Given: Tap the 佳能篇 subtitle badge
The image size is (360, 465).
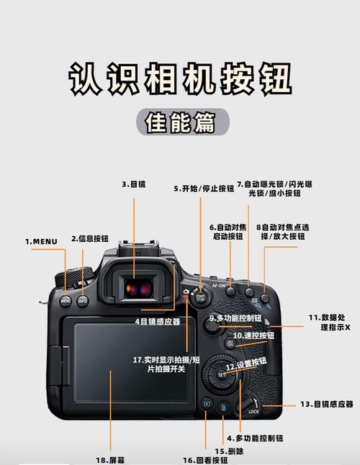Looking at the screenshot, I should coord(179,122).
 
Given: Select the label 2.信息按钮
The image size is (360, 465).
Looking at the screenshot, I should coord(89,238).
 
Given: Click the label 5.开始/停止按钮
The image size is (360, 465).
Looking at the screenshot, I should coord(204,189).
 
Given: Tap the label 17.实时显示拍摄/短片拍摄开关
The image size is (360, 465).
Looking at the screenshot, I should coord(157,364).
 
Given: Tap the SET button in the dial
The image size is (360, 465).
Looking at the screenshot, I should coord(222,375).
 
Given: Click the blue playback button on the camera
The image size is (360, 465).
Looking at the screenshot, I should coord(206,405).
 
